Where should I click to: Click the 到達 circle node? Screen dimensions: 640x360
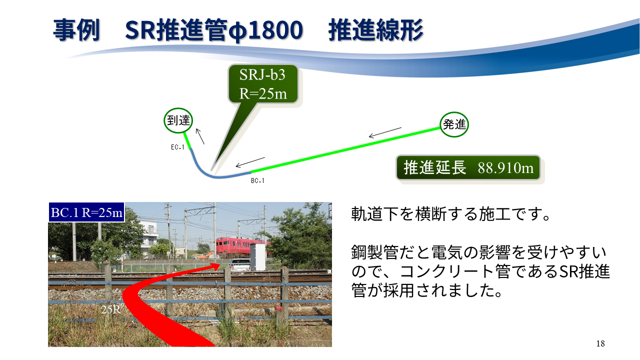(x=178, y=120)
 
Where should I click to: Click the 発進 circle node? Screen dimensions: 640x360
(x=454, y=124)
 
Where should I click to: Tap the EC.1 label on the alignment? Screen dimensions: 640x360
(x=177, y=147)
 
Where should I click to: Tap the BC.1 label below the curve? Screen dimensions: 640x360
(x=257, y=180)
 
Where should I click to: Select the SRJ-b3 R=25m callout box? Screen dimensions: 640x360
(x=263, y=83)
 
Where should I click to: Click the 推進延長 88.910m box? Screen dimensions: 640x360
(x=468, y=167)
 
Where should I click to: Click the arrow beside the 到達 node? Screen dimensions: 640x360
(x=200, y=136)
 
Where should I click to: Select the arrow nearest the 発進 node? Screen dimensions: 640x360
(x=385, y=133)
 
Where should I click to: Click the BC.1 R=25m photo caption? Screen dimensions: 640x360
(x=86, y=212)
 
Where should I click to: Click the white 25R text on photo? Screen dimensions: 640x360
(x=111, y=309)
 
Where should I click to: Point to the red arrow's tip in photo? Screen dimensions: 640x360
(x=220, y=264)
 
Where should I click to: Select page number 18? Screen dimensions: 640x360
(x=600, y=343)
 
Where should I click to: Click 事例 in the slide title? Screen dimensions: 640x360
(x=76, y=30)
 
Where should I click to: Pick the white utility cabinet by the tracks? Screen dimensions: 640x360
(x=258, y=256)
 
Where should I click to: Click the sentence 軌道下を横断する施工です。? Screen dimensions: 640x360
(x=450, y=214)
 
